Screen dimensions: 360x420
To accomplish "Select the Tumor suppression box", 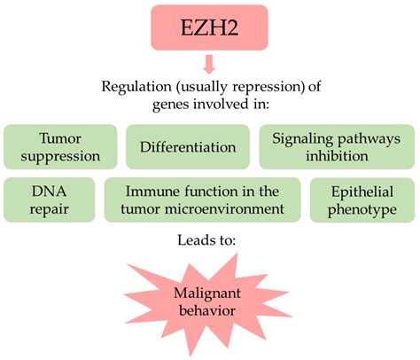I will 60,146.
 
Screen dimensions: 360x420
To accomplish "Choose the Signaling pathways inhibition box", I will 336,146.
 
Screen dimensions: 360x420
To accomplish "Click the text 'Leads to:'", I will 209,241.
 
